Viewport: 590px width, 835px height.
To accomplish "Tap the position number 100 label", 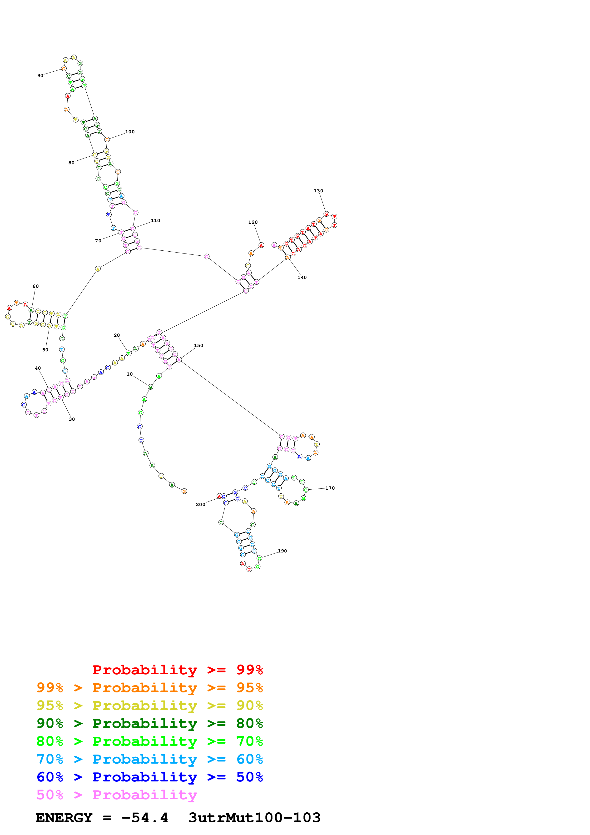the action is tap(130, 132).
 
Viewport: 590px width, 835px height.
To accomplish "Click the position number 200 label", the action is tap(200, 504).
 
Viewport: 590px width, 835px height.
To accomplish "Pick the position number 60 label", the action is tap(36, 286).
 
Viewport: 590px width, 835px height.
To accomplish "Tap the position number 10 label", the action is tap(129, 374).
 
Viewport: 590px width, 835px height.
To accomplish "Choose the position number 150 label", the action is tap(198, 345).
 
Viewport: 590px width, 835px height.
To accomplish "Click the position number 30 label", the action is tap(72, 419).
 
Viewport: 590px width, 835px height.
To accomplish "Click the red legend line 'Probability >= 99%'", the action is tap(177, 670).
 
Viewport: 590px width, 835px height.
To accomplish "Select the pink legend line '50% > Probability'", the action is tap(117, 795).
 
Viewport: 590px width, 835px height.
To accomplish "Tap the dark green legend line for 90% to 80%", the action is tap(149, 723).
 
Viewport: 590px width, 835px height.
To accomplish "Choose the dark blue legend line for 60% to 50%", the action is tap(149, 777).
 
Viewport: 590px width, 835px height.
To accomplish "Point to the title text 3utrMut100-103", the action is tap(254, 818).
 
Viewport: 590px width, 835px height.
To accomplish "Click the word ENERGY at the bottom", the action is tap(64, 818).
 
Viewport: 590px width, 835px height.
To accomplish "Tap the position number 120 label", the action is tap(253, 222).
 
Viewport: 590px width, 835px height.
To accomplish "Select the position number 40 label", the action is tap(38, 368).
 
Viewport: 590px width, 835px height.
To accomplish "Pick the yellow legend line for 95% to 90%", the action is tap(149, 706).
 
